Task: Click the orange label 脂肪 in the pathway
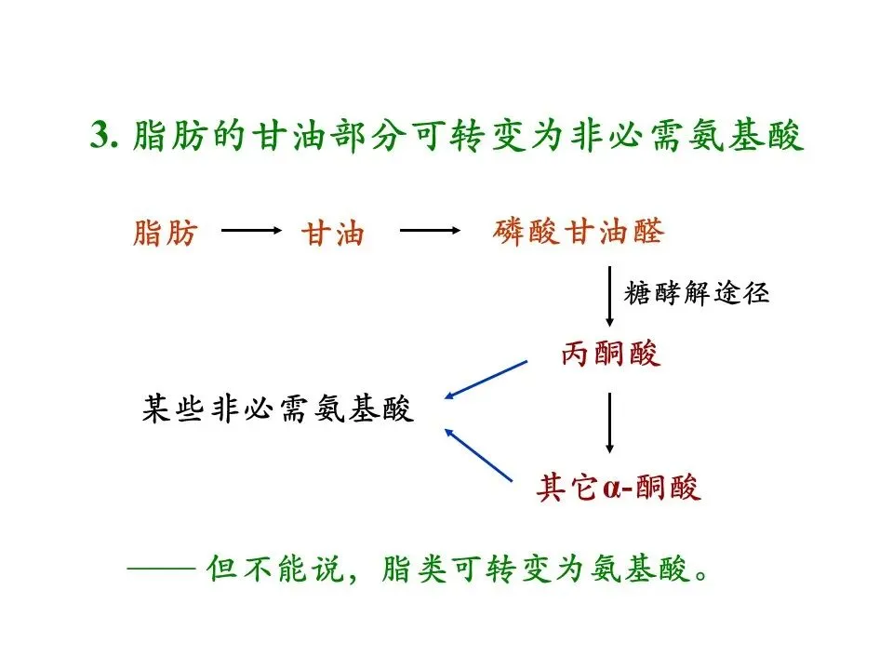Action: [x=166, y=233]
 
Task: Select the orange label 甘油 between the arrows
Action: [x=331, y=234]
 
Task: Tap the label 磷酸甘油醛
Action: [x=578, y=232]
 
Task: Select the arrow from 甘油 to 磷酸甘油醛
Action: [x=430, y=232]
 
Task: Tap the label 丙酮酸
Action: [x=610, y=354]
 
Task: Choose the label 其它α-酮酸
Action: [x=619, y=488]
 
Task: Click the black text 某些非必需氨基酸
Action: [x=277, y=409]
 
